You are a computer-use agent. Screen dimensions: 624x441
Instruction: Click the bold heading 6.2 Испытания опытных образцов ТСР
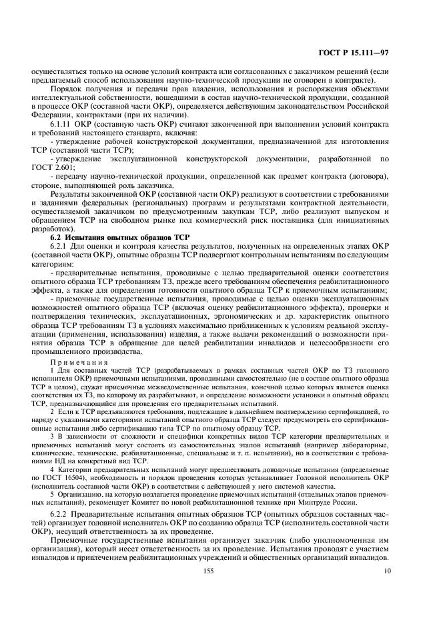111,237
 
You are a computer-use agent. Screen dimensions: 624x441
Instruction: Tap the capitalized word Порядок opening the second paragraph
68,89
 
